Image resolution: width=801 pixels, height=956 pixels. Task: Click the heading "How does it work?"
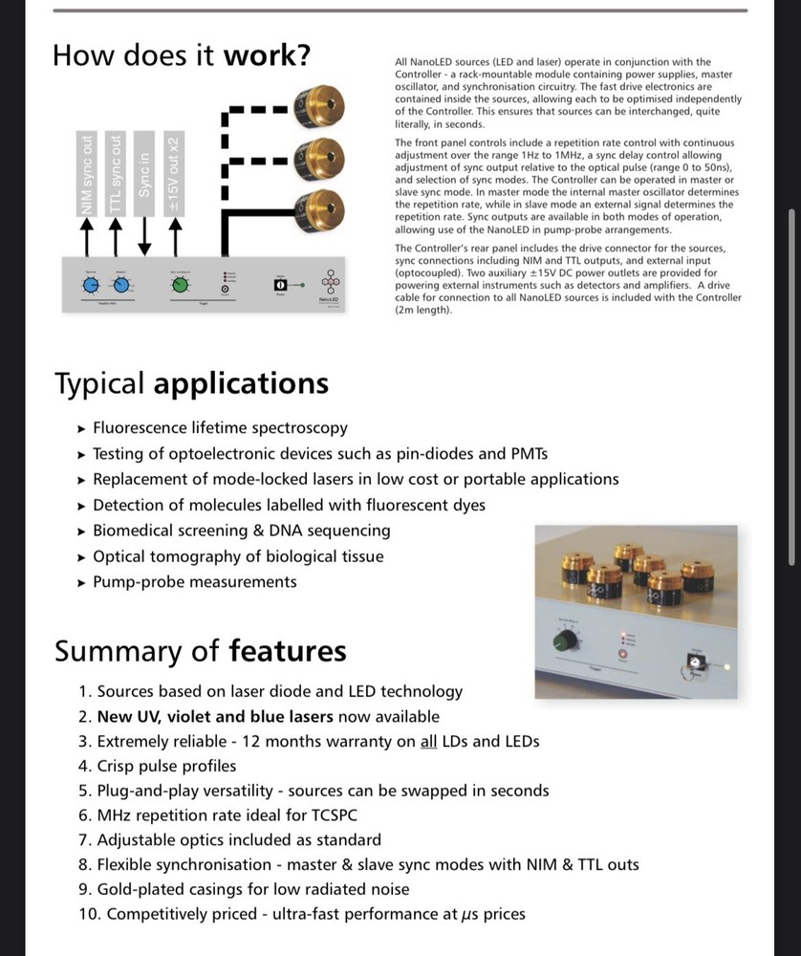click(182, 54)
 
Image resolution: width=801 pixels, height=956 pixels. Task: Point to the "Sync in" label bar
click(144, 173)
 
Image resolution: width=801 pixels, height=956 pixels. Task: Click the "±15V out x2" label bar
click(174, 173)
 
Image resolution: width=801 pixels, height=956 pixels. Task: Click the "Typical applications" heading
click(191, 383)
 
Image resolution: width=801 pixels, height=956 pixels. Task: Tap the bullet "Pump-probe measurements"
click(194, 582)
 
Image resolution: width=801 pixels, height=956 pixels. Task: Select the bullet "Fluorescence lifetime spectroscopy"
click(220, 428)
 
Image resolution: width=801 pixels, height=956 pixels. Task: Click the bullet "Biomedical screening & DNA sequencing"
click(241, 531)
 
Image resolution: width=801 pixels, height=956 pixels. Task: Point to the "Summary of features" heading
click(200, 651)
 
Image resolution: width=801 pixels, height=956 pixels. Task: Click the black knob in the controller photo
click(570, 640)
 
